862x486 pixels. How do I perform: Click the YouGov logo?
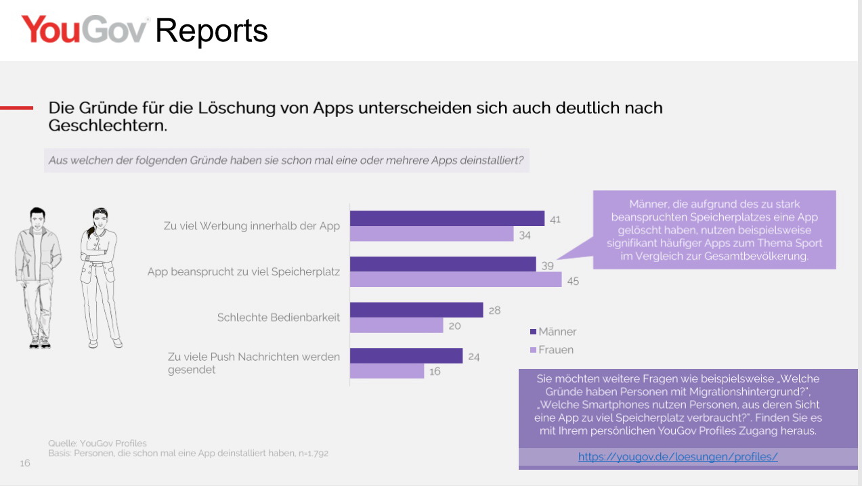click(x=84, y=30)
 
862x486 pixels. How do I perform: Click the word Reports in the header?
click(x=212, y=31)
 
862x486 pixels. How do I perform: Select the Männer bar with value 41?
click(x=447, y=218)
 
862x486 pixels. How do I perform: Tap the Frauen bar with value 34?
click(x=432, y=234)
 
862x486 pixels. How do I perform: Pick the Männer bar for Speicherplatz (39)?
click(x=443, y=264)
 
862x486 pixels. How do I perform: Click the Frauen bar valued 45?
click(x=456, y=280)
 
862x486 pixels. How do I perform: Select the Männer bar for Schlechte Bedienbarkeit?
click(x=416, y=309)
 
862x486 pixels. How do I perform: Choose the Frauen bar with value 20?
click(x=396, y=326)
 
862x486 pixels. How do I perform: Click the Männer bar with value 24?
click(x=406, y=355)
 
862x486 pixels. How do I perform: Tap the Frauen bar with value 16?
click(x=387, y=371)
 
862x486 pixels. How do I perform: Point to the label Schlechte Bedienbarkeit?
click(x=278, y=317)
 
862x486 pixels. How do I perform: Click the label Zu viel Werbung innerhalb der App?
click(x=252, y=226)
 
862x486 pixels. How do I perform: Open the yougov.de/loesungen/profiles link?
click(x=678, y=457)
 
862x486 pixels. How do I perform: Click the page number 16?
click(x=24, y=463)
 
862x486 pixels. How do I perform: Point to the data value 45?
click(x=573, y=280)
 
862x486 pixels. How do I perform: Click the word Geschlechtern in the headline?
click(x=107, y=126)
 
